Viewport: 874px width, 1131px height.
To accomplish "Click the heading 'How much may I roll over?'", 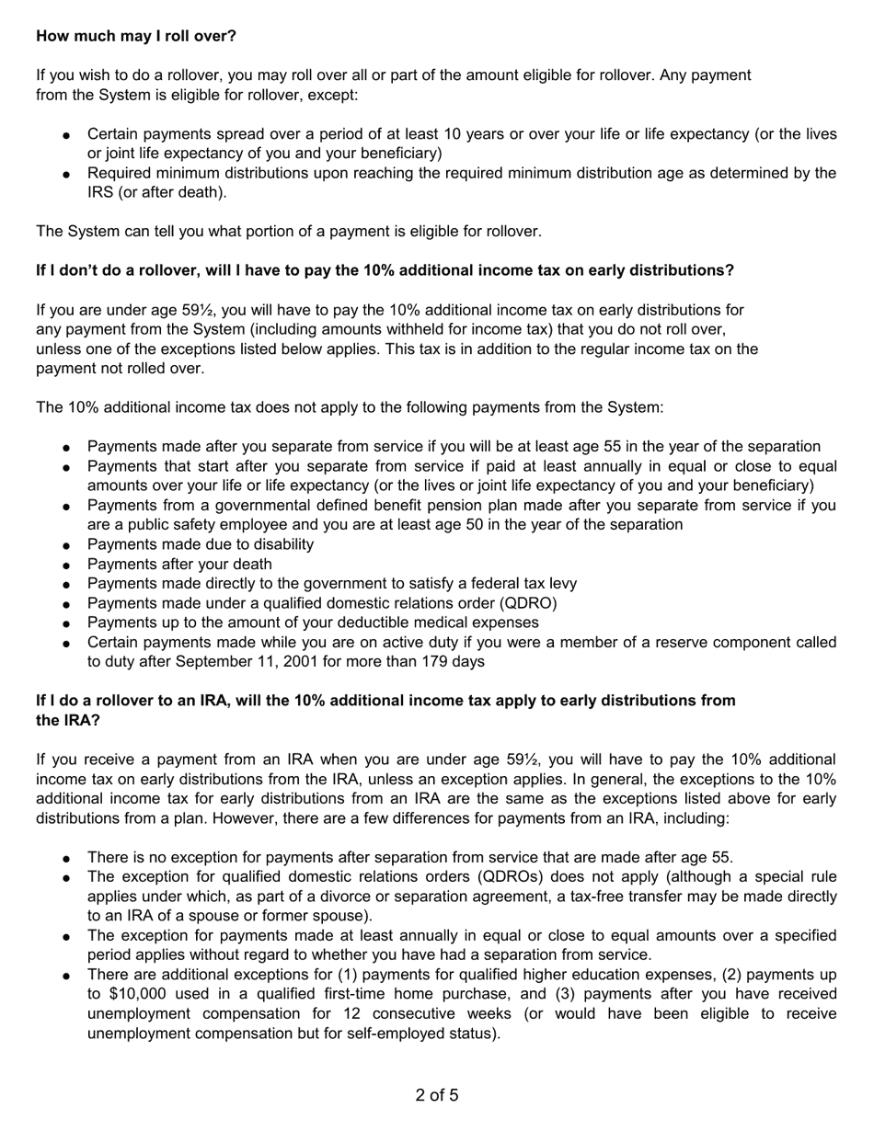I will (136, 36).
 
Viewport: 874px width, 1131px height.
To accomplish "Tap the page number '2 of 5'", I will (437, 1095).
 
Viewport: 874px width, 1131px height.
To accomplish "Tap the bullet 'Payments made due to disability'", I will (201, 544).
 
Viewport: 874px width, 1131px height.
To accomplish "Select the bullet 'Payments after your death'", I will (179, 565).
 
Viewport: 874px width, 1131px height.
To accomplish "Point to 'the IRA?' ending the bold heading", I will (68, 720).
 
